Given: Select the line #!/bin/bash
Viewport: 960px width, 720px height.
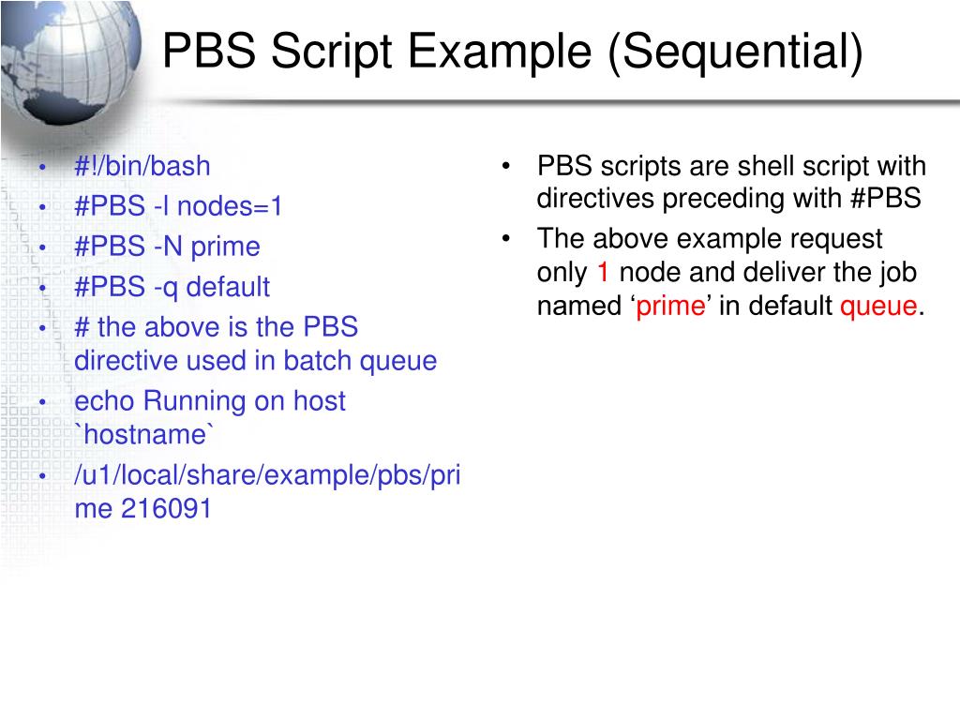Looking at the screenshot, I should coord(142,167).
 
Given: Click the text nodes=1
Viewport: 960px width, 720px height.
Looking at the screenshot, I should coord(231,206).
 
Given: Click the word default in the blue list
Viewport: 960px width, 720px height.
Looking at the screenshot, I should coord(228,287).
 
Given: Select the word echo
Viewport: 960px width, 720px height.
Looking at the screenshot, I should coord(104,401).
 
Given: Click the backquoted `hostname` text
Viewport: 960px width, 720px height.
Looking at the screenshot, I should coord(144,435).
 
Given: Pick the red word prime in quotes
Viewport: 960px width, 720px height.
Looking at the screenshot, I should coord(669,307).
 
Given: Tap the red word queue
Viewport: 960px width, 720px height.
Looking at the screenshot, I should coord(878,307).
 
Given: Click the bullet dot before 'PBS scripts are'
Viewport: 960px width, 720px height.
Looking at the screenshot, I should coord(505,168).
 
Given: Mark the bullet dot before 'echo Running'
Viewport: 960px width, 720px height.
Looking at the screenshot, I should coord(43,402).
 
